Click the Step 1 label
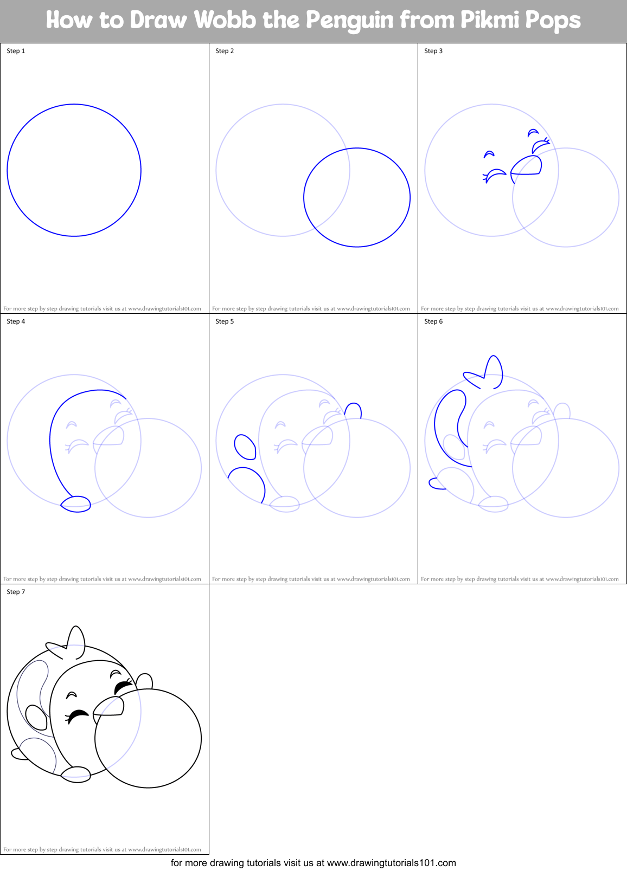click(x=16, y=51)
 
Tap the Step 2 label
click(x=225, y=51)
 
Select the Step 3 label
click(x=433, y=51)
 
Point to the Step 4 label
click(x=16, y=321)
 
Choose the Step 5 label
click(x=225, y=321)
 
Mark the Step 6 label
click(x=433, y=321)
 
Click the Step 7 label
click(x=16, y=592)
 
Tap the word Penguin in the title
click(x=349, y=21)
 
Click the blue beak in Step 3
click(x=527, y=166)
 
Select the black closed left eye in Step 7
click(x=77, y=715)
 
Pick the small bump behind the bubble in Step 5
click(x=353, y=410)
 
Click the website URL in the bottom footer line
click(x=392, y=863)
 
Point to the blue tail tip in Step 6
click(x=436, y=483)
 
